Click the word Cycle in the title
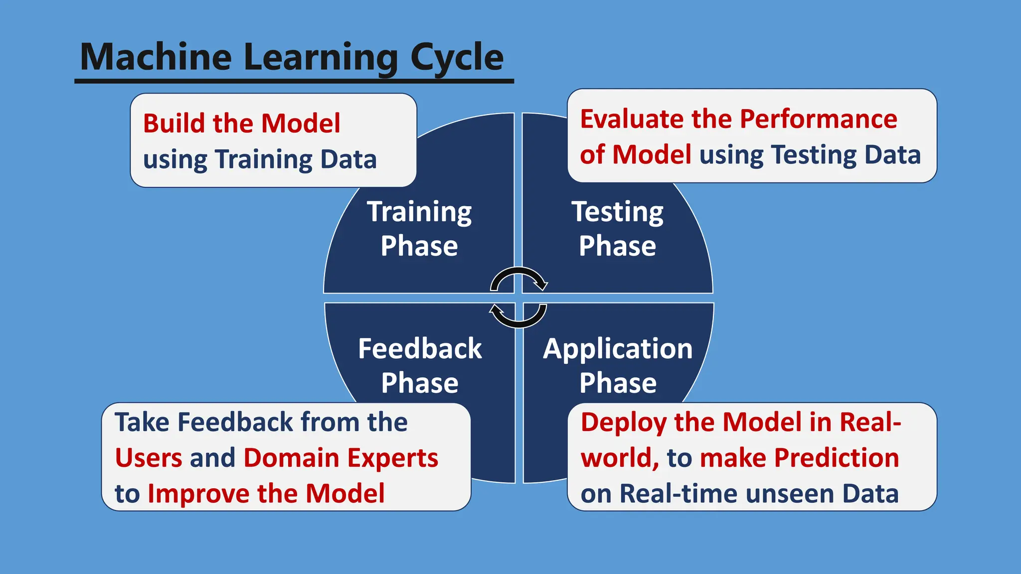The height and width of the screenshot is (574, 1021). click(x=457, y=57)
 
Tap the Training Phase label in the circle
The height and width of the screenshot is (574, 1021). click(x=419, y=229)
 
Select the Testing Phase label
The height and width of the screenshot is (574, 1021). click(x=617, y=229)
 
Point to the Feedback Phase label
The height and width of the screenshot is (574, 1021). click(x=420, y=365)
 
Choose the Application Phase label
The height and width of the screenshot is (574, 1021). click(x=618, y=365)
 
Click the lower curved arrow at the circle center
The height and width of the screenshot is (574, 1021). click(x=518, y=317)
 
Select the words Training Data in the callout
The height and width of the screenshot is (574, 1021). click(x=296, y=159)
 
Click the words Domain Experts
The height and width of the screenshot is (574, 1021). click(x=340, y=458)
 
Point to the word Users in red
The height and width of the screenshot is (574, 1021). click(x=149, y=458)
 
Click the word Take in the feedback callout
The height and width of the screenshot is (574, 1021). click(x=142, y=423)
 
